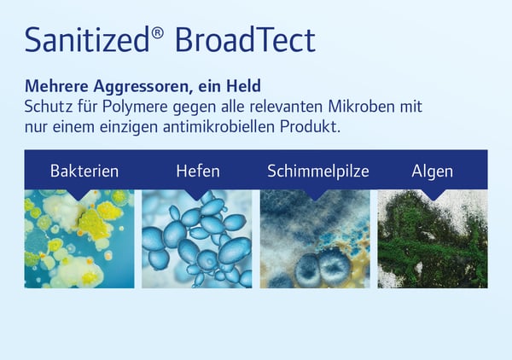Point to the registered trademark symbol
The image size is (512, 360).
(150, 30)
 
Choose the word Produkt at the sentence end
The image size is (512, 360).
(318, 125)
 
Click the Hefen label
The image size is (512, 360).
(197, 171)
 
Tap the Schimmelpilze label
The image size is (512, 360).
(317, 171)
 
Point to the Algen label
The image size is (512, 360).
(432, 171)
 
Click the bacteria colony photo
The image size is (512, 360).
(79, 239)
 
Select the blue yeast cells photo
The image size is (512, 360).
(197, 239)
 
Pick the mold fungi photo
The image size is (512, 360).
(315, 239)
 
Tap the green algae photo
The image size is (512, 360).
(432, 239)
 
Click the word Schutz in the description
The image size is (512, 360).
(49, 107)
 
